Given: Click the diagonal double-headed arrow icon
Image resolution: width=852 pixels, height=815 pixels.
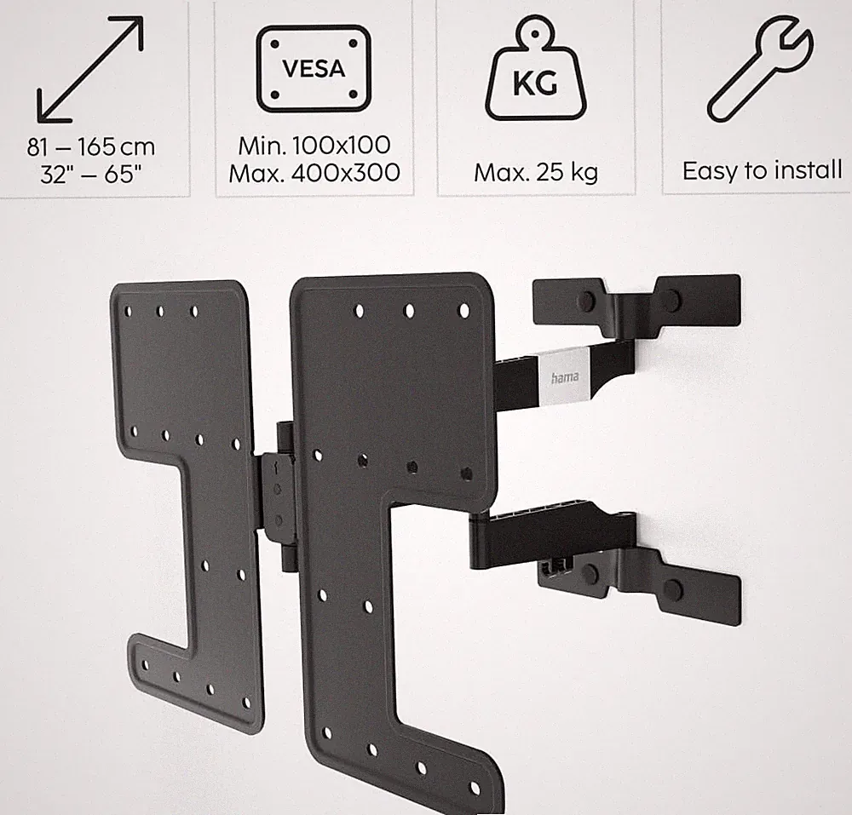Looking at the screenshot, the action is click(x=90, y=69).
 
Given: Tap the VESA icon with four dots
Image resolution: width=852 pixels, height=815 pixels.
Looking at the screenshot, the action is click(x=314, y=69).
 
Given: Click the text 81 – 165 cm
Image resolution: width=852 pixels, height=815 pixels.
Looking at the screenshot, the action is click(x=91, y=146).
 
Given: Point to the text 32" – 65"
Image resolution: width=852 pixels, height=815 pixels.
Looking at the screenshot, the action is click(x=91, y=175).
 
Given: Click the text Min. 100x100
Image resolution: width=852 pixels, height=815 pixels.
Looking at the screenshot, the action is click(x=314, y=145).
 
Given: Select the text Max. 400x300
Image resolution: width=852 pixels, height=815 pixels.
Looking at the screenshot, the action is click(x=314, y=173).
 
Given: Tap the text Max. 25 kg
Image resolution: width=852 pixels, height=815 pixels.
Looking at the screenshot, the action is click(x=536, y=173).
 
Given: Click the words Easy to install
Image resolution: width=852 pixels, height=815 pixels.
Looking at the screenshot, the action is click(x=763, y=170).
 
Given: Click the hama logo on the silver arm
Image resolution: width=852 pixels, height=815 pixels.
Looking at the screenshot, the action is click(x=565, y=376).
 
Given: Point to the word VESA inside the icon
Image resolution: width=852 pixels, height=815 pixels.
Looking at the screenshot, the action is click(x=314, y=68).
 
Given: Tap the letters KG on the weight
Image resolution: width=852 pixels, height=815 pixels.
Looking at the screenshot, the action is click(x=535, y=84).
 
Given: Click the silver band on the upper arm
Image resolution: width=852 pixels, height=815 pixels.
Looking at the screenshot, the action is click(x=565, y=376).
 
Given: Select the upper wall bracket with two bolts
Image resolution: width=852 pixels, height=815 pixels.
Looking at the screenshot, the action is click(x=636, y=304).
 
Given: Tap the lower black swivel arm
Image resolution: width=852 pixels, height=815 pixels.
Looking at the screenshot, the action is click(x=551, y=535).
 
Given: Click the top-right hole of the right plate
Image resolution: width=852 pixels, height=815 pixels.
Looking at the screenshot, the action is click(x=464, y=311).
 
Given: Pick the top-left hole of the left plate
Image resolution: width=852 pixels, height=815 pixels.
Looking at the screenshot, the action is click(x=129, y=311).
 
